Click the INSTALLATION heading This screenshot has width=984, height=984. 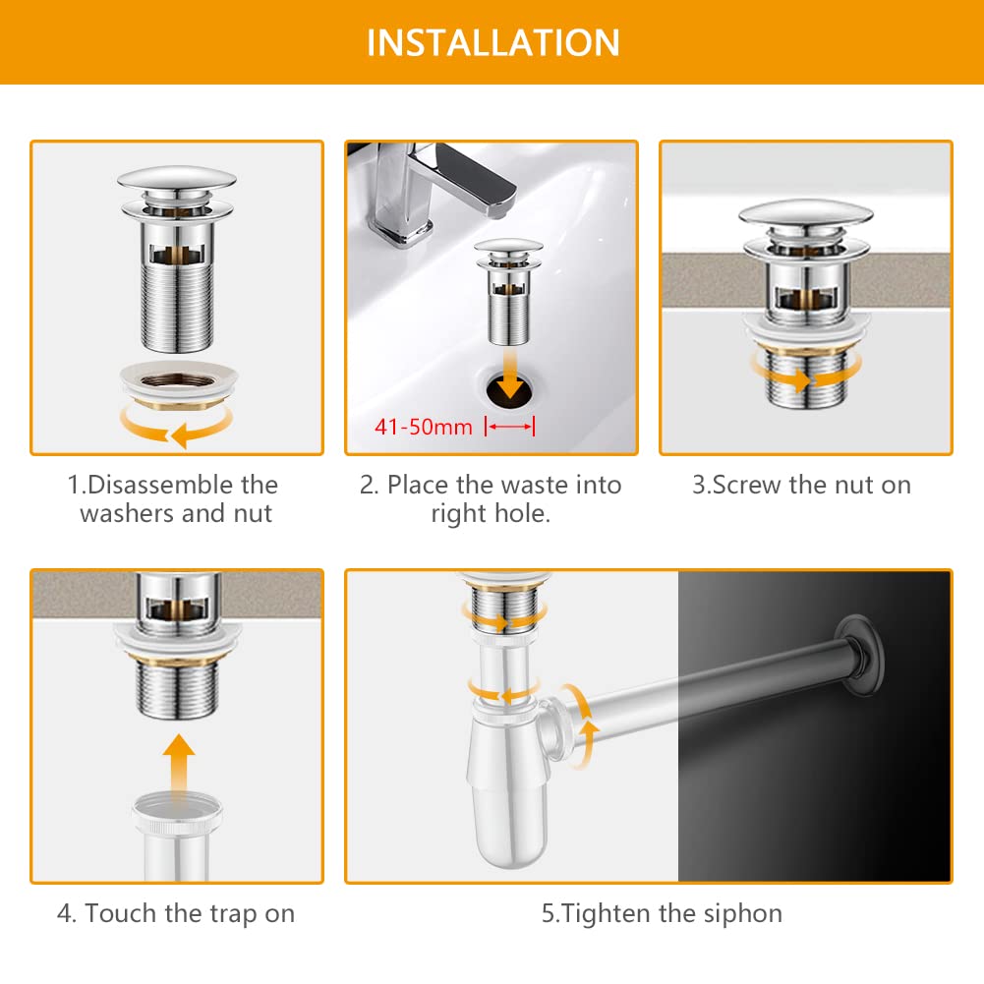[493, 42]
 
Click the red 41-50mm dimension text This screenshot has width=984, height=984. [424, 428]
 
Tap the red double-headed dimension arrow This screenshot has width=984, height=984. [509, 427]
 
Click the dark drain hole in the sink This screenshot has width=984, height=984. [509, 391]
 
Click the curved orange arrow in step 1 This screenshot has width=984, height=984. [176, 426]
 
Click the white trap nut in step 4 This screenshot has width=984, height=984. [178, 813]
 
